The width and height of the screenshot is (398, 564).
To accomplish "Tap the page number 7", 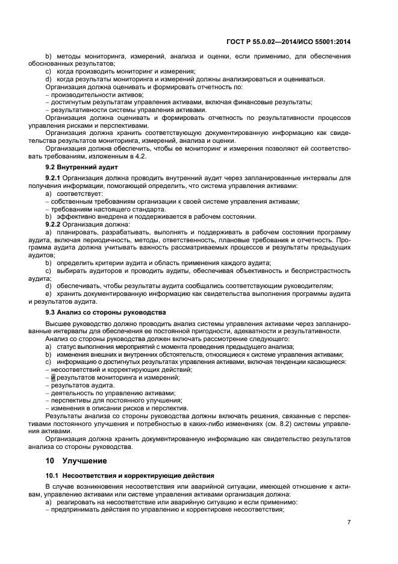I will pos(349,521).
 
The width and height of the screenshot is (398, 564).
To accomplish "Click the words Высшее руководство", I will pos(75,324).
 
